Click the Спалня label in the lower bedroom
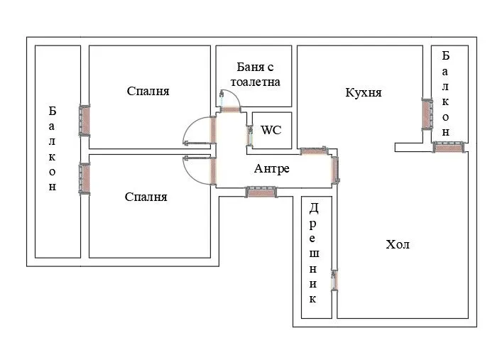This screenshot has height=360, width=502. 146,197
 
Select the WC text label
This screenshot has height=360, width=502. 271,130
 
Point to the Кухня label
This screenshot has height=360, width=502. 364,92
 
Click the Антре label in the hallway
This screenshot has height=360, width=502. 271,169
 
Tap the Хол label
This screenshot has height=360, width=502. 398,245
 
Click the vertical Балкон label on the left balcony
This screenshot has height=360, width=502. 53,149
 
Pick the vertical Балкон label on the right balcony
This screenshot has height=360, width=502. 446,93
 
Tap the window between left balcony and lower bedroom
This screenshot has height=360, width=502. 85,178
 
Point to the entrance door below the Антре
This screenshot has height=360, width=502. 261,190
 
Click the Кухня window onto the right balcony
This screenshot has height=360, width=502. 427,114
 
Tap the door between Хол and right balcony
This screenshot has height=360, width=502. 448,147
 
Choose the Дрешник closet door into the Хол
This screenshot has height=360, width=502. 334,280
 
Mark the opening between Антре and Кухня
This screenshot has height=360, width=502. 312,151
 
